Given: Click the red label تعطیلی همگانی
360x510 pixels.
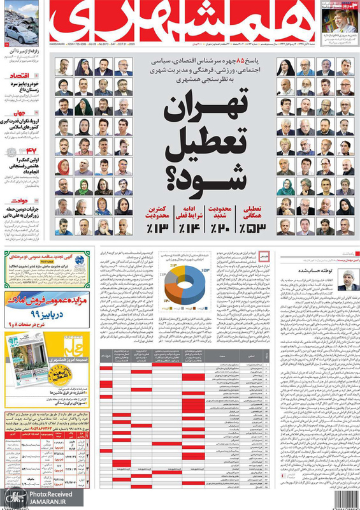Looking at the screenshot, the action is [251, 213].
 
